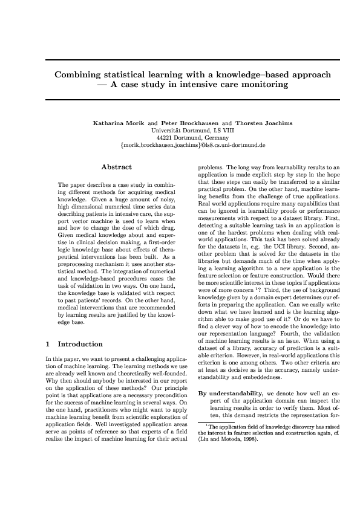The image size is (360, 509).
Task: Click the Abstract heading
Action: pyautogui.click(x=116, y=166)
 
